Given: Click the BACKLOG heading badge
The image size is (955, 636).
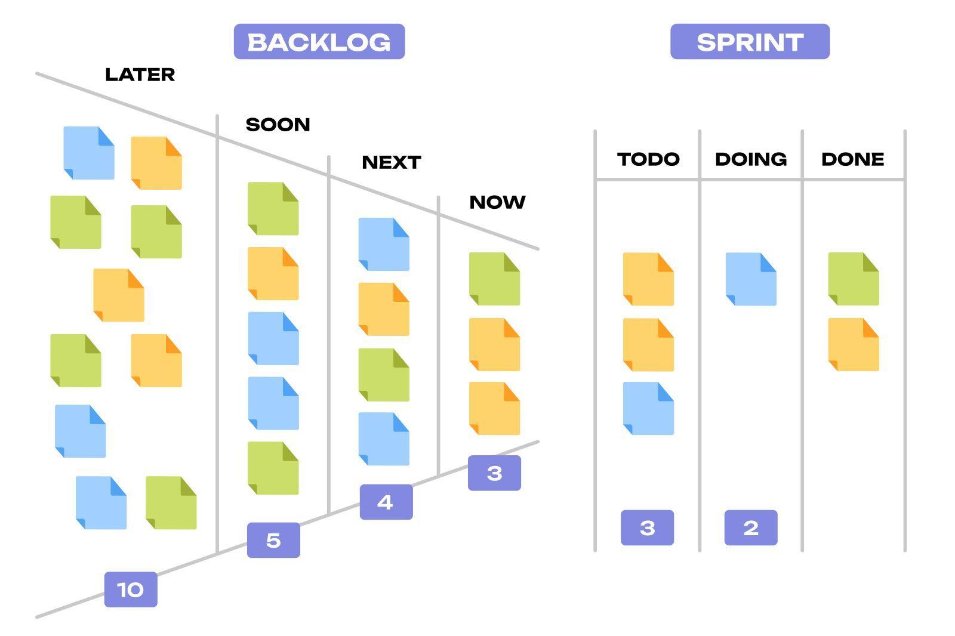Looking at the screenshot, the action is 319,41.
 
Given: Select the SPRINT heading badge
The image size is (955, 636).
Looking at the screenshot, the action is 750,41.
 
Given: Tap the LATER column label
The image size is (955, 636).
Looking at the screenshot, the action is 140,75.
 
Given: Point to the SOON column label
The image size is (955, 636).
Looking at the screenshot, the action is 278,125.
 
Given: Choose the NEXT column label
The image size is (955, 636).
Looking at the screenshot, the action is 392,162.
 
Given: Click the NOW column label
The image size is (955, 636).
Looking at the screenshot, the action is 498,202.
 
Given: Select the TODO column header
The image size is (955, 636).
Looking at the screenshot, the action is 648,159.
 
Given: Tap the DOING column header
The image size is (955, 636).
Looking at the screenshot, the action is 751,159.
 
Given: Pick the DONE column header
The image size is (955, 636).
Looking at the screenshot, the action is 853,159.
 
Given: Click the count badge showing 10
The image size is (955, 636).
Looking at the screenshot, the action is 131,589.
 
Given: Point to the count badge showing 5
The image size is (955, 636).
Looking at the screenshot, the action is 274,540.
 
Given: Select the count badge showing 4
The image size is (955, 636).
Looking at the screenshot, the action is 386,502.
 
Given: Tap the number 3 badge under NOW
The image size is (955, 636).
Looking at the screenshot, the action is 495,473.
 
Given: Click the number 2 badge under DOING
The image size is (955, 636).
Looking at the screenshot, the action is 751,528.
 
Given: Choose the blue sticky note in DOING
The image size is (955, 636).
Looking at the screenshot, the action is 751,279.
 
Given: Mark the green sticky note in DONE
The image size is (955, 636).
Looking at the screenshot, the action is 854,279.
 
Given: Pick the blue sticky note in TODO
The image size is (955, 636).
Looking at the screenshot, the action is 648,408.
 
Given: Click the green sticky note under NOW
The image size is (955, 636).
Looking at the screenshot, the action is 495,279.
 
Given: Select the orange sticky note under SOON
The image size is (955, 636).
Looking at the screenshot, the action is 273,273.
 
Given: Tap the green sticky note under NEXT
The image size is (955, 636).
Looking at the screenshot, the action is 384,375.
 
